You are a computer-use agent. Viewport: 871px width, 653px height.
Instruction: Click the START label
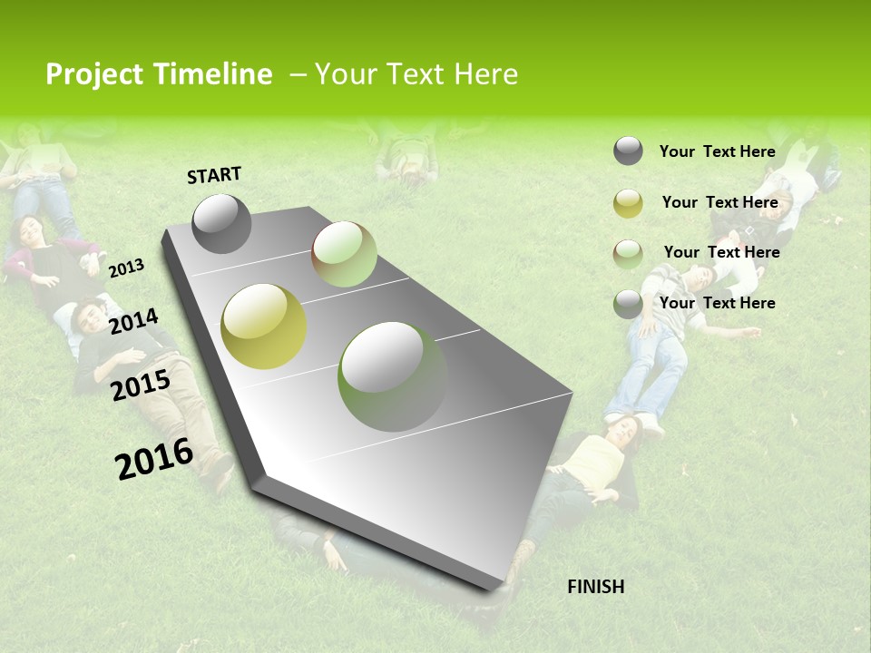214,175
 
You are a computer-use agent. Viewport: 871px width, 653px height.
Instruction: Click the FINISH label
595,587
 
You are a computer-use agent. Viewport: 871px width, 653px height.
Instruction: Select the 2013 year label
126,268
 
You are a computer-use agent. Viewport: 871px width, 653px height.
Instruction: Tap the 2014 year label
133,321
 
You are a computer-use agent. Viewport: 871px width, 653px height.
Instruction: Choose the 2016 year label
154,458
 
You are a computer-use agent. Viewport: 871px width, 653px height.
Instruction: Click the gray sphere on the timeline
221,223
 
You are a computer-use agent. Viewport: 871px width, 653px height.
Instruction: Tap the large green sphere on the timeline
393,375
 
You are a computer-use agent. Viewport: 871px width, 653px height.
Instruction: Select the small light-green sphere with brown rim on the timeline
344,254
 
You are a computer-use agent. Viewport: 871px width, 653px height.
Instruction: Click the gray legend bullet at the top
628,151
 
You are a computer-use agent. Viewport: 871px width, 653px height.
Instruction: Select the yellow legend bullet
628,203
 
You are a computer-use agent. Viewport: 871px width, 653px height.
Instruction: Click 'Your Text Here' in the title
416,74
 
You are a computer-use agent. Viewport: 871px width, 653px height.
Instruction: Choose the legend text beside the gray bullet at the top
717,151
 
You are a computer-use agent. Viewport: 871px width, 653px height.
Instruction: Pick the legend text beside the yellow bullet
719,202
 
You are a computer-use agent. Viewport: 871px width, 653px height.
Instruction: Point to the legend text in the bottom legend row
717,303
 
